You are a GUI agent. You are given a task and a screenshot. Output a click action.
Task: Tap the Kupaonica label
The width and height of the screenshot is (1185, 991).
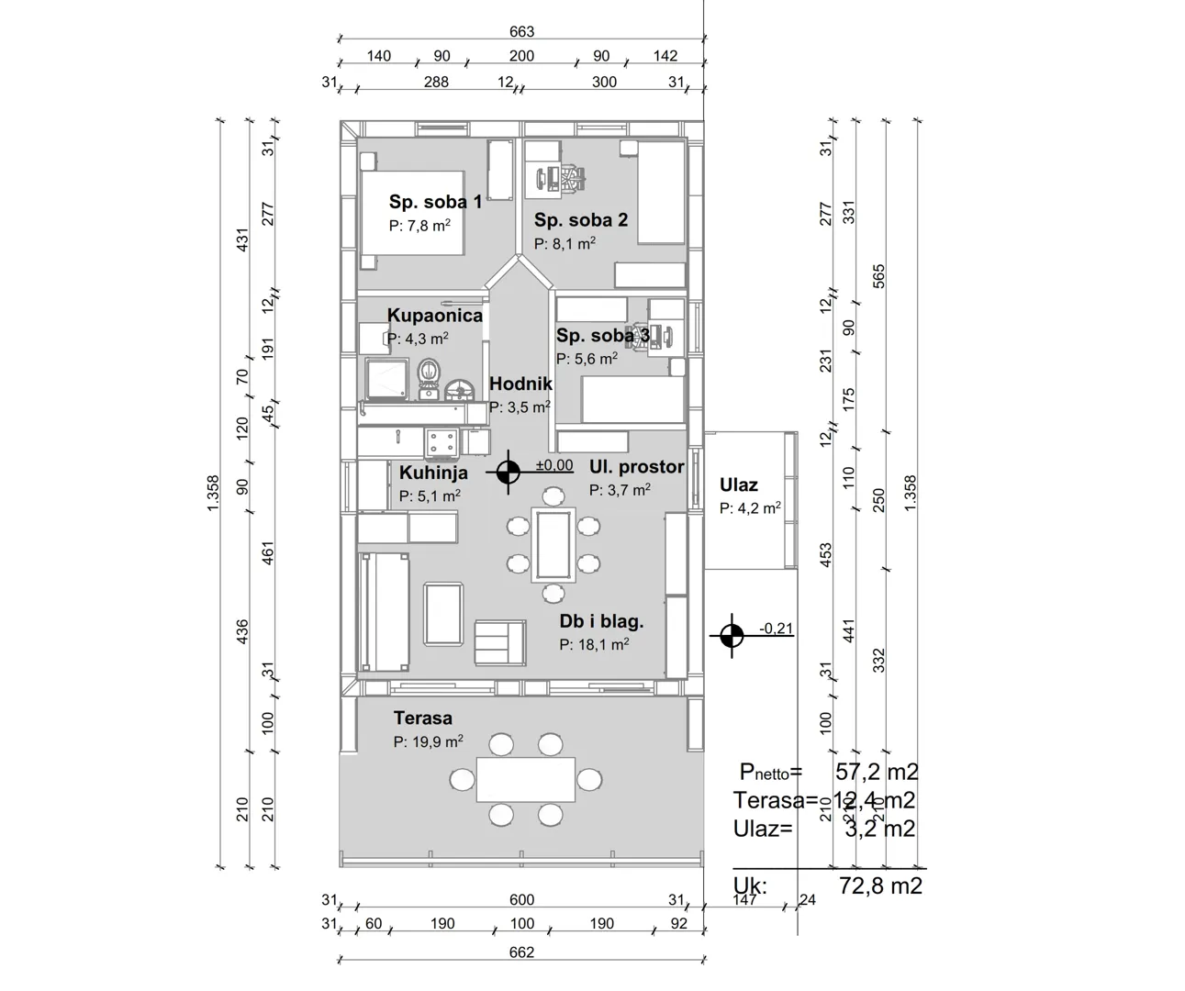[434, 316]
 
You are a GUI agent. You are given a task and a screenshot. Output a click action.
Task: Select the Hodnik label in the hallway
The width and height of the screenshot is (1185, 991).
[520, 384]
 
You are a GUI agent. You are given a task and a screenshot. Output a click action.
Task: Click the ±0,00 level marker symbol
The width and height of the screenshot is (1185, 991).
[508, 473]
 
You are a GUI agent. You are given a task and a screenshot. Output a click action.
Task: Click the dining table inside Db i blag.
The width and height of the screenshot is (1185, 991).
[553, 543]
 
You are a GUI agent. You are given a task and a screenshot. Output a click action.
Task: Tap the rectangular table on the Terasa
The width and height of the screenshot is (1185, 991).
[525, 778]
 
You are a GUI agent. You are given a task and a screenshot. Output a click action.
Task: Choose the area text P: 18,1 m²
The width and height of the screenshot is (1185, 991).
[594, 645]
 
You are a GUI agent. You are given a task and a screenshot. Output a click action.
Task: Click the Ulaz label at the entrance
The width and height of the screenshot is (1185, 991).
[739, 485]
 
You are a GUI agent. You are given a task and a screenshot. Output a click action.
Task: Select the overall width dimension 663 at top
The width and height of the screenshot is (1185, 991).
[521, 32]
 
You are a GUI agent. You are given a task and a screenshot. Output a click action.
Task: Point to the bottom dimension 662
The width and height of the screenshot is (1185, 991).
[520, 952]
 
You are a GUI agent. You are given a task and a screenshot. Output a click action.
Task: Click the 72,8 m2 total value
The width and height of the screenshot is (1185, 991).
[879, 885]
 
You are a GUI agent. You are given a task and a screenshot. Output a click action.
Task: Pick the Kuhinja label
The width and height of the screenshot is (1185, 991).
[433, 473]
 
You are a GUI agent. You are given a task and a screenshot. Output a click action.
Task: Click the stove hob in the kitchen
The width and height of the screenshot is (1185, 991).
[440, 442]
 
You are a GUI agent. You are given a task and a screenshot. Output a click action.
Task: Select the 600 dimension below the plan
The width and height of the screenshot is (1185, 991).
[521, 900]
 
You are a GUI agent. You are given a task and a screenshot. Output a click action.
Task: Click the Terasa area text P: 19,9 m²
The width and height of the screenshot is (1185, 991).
[428, 741]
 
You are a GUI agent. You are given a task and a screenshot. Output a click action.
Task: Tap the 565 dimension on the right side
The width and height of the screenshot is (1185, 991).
[878, 276]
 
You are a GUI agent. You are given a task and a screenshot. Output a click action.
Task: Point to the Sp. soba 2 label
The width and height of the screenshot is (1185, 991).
[581, 220]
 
